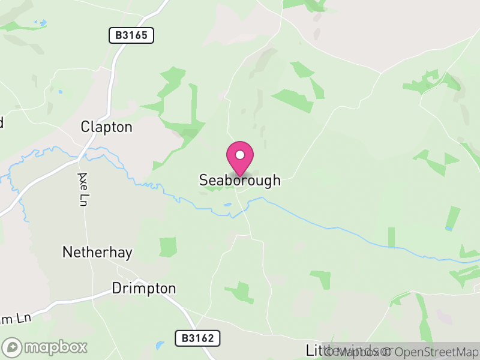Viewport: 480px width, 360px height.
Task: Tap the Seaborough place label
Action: (x=239, y=180)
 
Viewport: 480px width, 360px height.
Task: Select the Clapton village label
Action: (x=106, y=127)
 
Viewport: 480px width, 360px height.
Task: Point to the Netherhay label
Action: (x=97, y=252)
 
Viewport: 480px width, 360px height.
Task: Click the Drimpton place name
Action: (x=144, y=289)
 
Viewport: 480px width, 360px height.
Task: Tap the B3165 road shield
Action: (x=131, y=35)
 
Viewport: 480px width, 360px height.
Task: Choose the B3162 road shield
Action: (x=198, y=338)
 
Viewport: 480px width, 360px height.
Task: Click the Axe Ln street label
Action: (x=82, y=190)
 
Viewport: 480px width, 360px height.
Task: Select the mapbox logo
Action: (x=46, y=347)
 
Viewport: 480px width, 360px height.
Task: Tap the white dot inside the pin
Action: (x=240, y=155)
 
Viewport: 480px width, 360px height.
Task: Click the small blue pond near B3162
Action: (x=159, y=346)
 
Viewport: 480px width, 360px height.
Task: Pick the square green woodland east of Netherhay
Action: (x=168, y=247)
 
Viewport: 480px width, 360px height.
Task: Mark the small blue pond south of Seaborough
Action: (x=227, y=205)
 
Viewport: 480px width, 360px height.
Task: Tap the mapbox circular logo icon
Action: (x=13, y=347)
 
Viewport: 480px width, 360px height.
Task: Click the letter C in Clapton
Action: (x=85, y=127)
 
